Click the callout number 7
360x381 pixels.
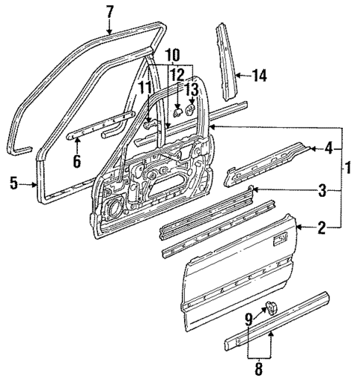[110, 11]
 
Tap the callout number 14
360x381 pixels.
[258, 75]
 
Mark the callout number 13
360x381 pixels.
[192, 89]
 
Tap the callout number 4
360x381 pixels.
[329, 149]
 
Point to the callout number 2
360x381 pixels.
[321, 229]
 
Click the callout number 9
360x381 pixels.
[249, 319]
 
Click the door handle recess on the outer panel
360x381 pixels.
[281, 239]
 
